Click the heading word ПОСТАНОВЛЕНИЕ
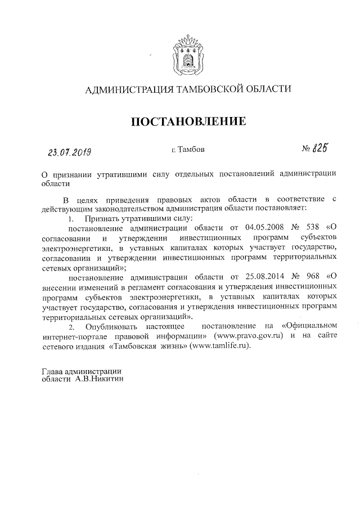pos(188,121)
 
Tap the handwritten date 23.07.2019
pos(70,152)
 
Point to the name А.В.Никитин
pos(99,379)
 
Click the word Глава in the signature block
pos(53,371)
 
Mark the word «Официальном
pos(304,326)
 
